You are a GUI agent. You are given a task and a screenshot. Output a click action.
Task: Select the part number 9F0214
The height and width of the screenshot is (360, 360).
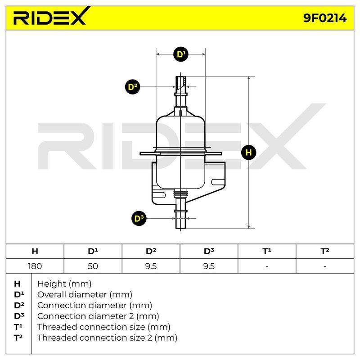tap(325, 18)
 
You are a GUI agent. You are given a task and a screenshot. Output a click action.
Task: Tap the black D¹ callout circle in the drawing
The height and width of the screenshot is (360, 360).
tap(181, 54)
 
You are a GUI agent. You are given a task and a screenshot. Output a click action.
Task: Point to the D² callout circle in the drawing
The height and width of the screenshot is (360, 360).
tap(132, 87)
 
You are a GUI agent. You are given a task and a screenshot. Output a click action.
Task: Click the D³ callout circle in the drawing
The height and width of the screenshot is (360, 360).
tap(139, 218)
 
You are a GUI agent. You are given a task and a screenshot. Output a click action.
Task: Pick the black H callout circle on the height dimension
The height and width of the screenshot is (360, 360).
tap(249, 153)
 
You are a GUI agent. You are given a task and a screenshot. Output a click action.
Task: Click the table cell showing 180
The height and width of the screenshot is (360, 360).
tap(35, 266)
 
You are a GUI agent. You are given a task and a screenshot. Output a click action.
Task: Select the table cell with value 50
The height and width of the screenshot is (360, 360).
tap(93, 266)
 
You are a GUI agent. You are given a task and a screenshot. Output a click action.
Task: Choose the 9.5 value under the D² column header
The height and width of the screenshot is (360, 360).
tap(151, 266)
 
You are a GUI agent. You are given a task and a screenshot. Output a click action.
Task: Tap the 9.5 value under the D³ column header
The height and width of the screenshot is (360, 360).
tap(209, 266)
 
